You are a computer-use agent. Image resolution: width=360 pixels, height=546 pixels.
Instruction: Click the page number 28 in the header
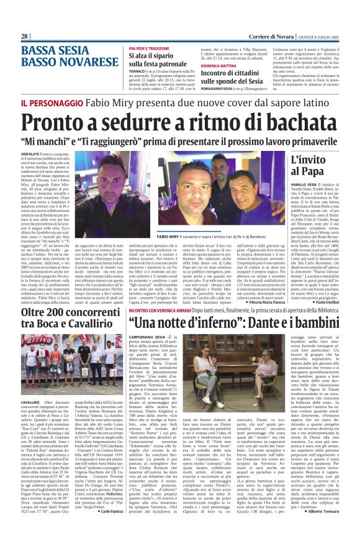point(25,37)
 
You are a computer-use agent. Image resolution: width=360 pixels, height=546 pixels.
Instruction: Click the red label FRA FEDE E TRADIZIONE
point(136,48)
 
